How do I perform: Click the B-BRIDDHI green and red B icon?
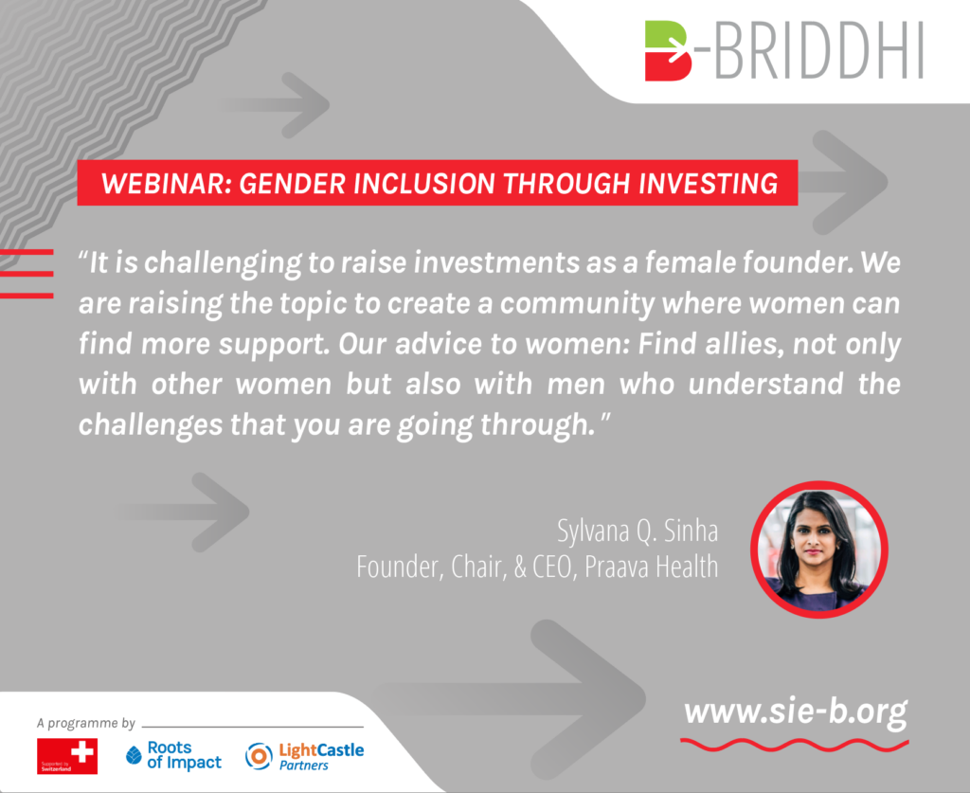pyautogui.click(x=668, y=51)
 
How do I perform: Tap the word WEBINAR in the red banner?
pyautogui.click(x=166, y=184)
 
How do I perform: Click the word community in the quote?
pyautogui.click(x=577, y=304)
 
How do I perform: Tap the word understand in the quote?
pyautogui.click(x=765, y=384)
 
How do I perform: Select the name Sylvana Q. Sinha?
pyautogui.click(x=638, y=531)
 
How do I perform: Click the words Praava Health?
pyautogui.click(x=652, y=567)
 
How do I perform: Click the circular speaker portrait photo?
pyautogui.click(x=819, y=550)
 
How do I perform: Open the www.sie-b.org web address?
pyautogui.click(x=796, y=712)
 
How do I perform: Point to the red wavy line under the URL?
pyautogui.click(x=795, y=744)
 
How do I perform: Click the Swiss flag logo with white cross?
pyautogui.click(x=67, y=756)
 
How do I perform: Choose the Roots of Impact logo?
pyautogui.click(x=174, y=755)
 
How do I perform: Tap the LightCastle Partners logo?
pyautogui.click(x=304, y=756)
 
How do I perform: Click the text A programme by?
pyautogui.click(x=85, y=723)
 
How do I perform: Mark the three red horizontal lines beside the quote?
pyautogui.click(x=27, y=274)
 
